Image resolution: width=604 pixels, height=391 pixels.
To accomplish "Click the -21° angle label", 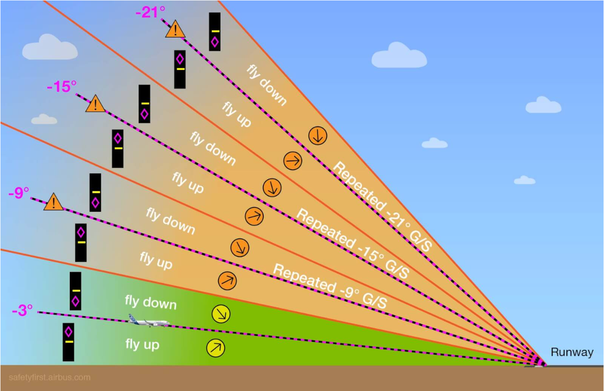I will coord(147,12).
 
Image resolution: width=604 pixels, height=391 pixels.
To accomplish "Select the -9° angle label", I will coord(19,192).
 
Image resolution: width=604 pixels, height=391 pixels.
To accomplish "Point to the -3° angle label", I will coord(22,310).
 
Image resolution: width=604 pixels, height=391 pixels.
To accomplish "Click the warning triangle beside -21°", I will coord(175,30).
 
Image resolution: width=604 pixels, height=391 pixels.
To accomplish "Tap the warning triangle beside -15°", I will coord(95,104).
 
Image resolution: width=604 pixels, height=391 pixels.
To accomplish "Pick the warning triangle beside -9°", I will coord(54,202).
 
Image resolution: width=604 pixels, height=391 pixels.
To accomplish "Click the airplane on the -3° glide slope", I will coord(148,321).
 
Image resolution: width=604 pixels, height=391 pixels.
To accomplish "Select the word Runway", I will coord(572,352).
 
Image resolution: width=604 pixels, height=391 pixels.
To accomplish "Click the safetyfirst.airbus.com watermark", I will coord(50,378).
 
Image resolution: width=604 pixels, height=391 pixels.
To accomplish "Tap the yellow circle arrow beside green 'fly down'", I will coord(221,313).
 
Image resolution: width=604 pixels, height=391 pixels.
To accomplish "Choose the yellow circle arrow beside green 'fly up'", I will coord(215,348).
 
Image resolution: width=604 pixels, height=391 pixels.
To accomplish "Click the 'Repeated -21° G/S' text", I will coord(382,207).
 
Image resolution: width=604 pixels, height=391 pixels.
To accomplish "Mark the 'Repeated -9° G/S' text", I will coord(329,286).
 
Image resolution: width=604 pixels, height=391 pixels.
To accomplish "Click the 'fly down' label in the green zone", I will coord(151,302).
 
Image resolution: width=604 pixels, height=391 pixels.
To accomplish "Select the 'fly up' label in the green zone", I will coord(142,344).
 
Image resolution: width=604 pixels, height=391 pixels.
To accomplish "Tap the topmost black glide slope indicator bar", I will coord(214,31).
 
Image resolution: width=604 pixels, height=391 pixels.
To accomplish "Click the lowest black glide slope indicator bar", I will coord(68,342).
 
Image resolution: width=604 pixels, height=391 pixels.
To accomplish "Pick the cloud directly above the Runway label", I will coord(524,180).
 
